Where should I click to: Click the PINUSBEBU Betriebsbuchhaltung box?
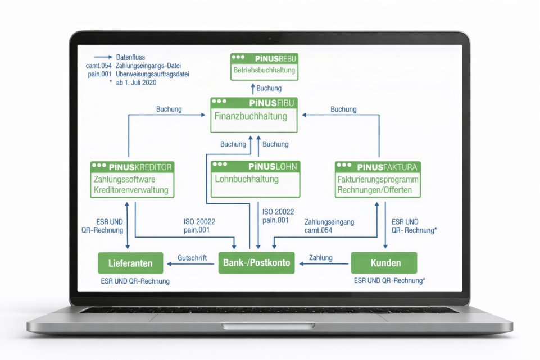coord(264,67)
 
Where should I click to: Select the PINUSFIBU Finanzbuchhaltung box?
coord(254,115)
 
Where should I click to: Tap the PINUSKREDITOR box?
coord(132,179)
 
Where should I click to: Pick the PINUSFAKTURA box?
coord(378,179)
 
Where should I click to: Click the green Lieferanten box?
coord(130,263)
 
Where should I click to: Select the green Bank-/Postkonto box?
coord(256,263)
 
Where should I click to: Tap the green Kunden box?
coord(384,263)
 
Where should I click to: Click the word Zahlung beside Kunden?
coord(320,258)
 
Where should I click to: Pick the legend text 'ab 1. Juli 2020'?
coord(136,83)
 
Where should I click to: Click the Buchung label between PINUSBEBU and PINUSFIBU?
coord(269,89)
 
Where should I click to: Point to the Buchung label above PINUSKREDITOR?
coord(169,110)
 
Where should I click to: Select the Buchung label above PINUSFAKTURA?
coord(343,110)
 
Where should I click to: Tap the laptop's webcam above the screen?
coord(270,39)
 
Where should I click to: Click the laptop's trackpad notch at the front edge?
coord(269,326)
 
